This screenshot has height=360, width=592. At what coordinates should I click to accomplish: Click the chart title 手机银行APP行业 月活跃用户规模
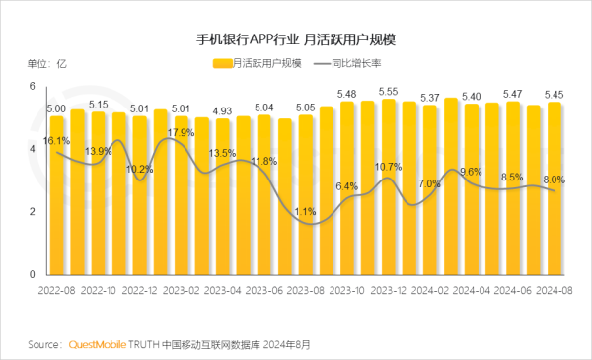[x=296, y=39]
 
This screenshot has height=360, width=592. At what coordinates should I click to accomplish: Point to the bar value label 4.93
[x=223, y=110]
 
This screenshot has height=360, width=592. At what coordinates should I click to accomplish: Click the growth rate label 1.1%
[x=305, y=211]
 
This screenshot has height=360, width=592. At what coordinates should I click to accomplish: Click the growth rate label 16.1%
[x=56, y=141]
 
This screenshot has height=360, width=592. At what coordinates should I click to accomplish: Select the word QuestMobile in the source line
[x=100, y=345]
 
